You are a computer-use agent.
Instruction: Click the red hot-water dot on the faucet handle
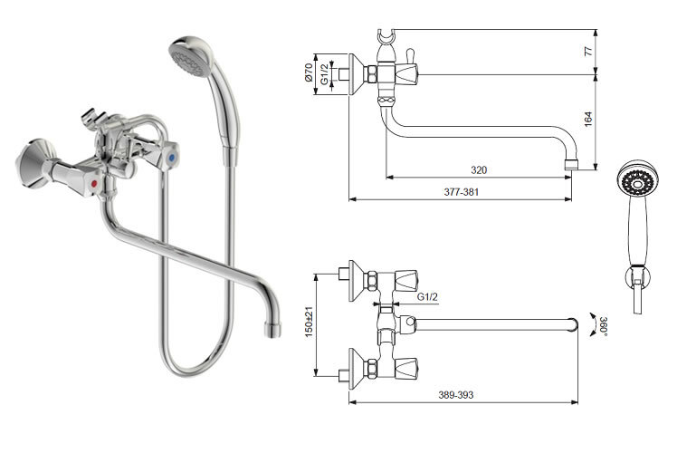point(94,184)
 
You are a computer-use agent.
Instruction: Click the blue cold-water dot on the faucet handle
point(172,159)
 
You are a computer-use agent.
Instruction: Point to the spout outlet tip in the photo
point(272,330)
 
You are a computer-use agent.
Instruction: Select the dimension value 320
point(479,170)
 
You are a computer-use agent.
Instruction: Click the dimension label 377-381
point(461,192)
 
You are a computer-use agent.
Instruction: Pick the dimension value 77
point(588,51)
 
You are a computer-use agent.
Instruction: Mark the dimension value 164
point(588,120)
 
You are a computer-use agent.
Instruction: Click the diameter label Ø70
point(309,73)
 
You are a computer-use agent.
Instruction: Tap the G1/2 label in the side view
point(324,74)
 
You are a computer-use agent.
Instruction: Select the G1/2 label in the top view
point(427,297)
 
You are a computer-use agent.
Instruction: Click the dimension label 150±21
point(309,322)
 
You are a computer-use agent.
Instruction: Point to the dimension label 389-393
point(456,395)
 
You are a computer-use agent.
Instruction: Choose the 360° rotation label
point(603,327)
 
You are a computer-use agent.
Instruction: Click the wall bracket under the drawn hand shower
point(638,277)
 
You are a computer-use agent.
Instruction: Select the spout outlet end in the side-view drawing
point(571,165)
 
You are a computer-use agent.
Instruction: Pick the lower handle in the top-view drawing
point(406,368)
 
